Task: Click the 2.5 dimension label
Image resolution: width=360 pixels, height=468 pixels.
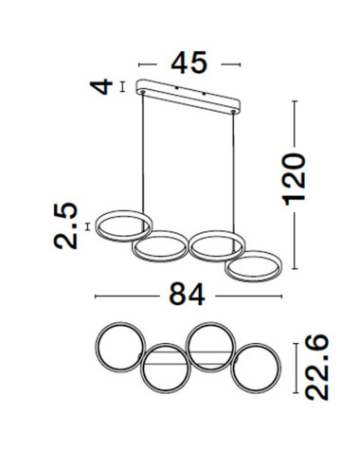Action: (65, 225)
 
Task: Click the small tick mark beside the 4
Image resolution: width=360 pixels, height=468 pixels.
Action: (122, 89)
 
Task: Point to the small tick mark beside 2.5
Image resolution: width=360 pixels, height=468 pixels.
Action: (87, 225)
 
